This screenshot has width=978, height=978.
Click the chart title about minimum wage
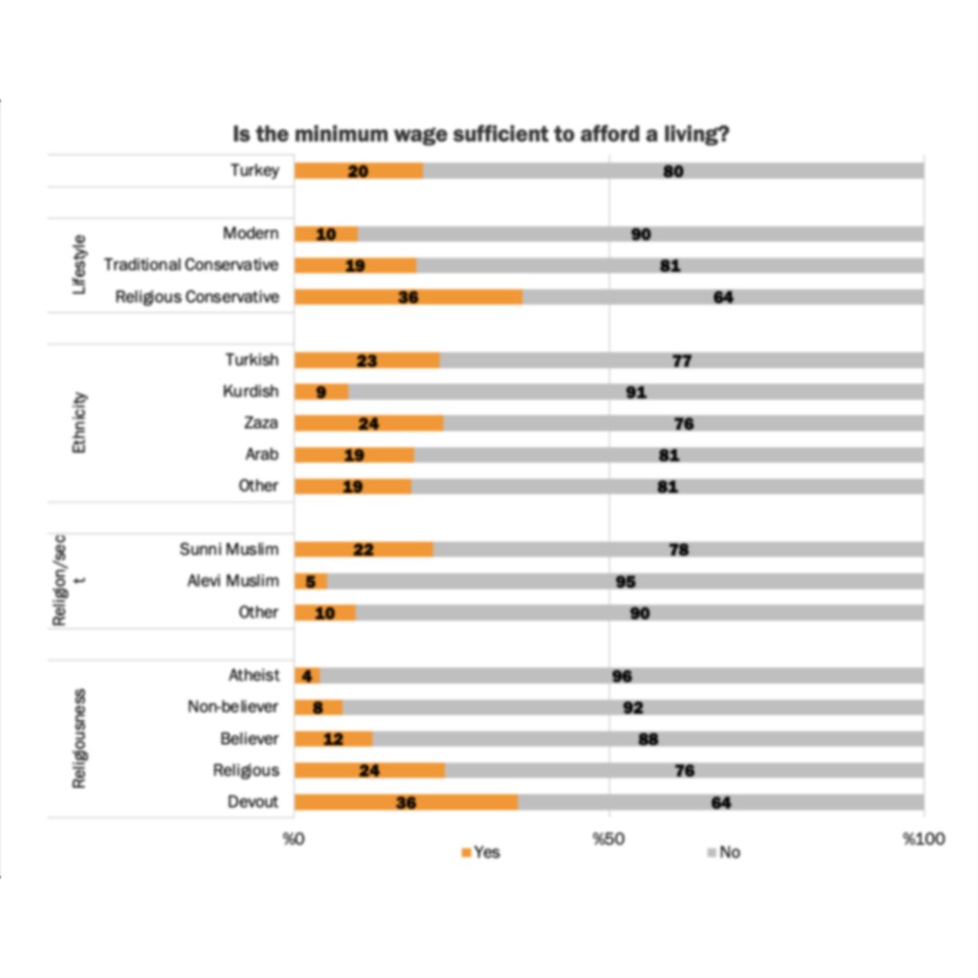[x=482, y=135]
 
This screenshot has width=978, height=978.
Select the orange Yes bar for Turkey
[x=359, y=170]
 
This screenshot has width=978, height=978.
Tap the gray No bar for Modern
[x=640, y=234]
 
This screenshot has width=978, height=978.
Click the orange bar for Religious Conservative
[x=408, y=297]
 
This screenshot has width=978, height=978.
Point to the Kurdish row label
[x=251, y=391]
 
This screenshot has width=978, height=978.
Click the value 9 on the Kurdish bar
[x=321, y=392]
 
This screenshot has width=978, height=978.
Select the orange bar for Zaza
[x=369, y=423]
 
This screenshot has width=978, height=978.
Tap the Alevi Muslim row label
[x=233, y=580]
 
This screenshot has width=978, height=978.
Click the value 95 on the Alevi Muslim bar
[x=626, y=581]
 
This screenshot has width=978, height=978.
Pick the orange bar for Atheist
[x=307, y=676]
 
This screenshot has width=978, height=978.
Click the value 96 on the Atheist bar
[x=621, y=676]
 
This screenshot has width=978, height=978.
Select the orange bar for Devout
[x=406, y=802]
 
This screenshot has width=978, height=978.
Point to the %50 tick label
[x=609, y=839]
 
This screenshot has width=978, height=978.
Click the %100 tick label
[x=924, y=839]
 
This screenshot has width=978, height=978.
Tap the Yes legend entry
[x=481, y=852]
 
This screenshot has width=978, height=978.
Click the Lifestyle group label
[x=81, y=264]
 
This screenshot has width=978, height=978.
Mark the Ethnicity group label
[x=81, y=423]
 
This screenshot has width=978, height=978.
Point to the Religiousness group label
[x=80, y=738]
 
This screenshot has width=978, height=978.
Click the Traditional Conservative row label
[x=191, y=265]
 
